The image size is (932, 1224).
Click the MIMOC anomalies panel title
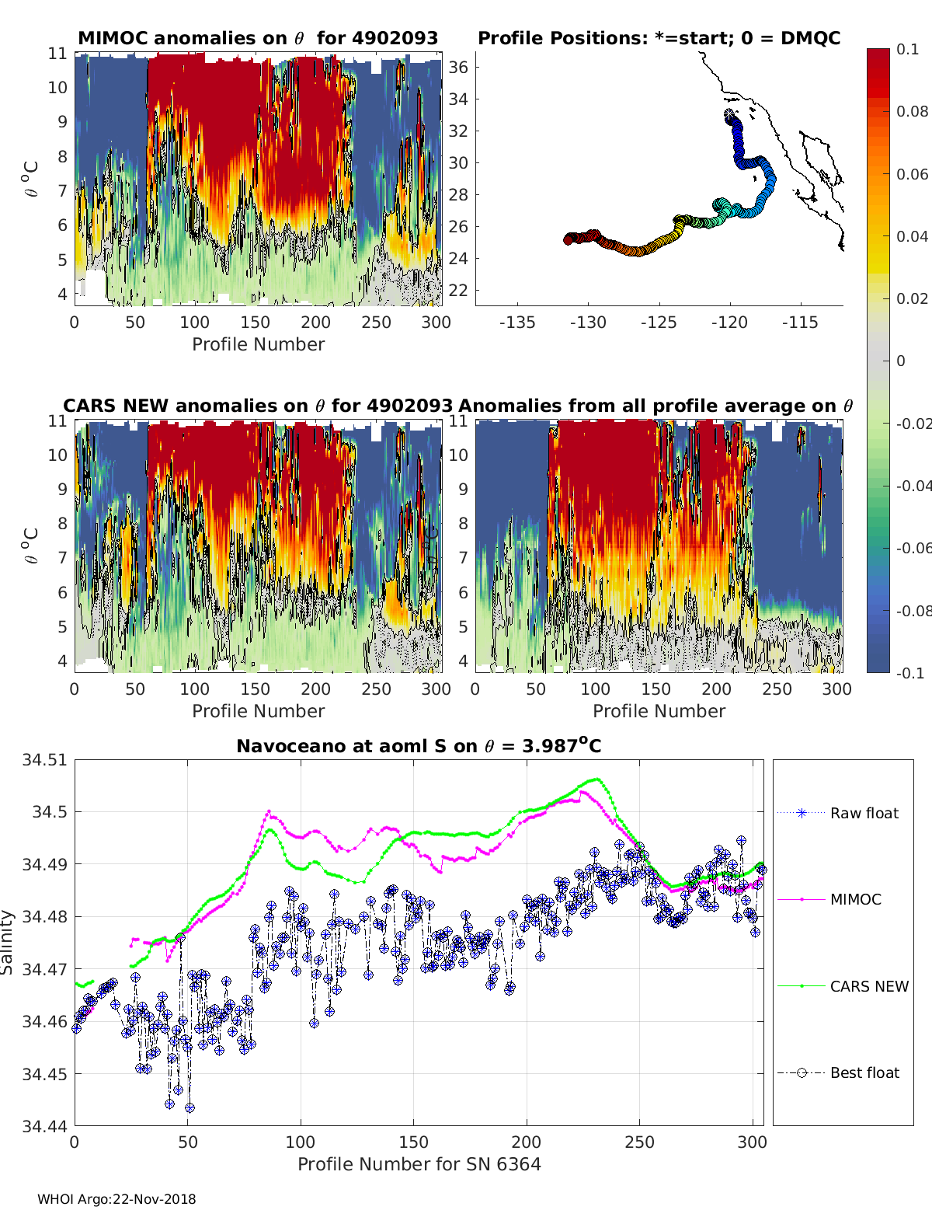click(x=258, y=38)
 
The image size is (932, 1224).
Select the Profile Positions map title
click(x=659, y=38)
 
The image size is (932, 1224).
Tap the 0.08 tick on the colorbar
click(x=912, y=111)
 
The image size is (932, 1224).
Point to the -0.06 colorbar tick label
click(x=912, y=548)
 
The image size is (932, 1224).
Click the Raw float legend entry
click(x=864, y=813)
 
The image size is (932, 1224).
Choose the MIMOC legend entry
click(x=855, y=899)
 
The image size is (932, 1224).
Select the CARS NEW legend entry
click(x=868, y=986)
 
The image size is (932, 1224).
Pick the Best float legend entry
click(x=864, y=1072)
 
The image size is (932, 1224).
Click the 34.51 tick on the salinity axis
click(x=44, y=759)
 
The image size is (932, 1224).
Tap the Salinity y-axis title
click(x=8, y=943)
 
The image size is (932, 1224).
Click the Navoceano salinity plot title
click(x=419, y=746)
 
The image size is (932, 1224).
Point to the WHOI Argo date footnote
click(x=116, y=1199)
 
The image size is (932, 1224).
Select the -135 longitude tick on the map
click(x=517, y=322)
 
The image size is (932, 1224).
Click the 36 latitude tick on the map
click(x=458, y=67)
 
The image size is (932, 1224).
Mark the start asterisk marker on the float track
click(x=730, y=114)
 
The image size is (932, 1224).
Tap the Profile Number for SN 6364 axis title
click(x=419, y=1164)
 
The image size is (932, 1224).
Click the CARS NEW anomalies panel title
click(x=258, y=406)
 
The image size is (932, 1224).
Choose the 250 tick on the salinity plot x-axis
click(x=639, y=1142)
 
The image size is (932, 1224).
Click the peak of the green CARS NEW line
click(x=596, y=779)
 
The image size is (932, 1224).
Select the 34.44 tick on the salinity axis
click(x=44, y=1125)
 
